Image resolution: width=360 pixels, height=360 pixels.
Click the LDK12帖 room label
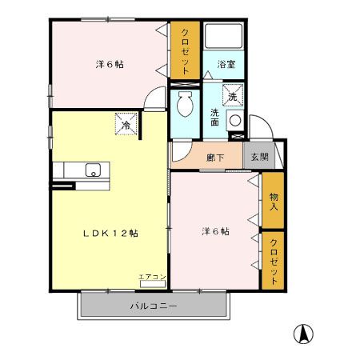point(112,233)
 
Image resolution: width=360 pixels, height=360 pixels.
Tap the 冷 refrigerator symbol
point(126,124)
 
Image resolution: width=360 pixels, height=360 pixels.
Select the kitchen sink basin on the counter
point(92,169)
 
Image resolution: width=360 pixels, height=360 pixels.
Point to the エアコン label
point(152,277)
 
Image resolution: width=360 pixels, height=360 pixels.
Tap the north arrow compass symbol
point(305,333)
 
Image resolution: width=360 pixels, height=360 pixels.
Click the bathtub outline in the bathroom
point(223,37)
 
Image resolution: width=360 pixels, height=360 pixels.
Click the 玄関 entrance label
point(256,158)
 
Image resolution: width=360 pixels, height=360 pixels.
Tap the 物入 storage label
point(274,202)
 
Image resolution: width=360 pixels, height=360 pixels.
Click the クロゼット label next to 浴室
point(185,50)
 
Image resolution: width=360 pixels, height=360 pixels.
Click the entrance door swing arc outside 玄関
point(258,126)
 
